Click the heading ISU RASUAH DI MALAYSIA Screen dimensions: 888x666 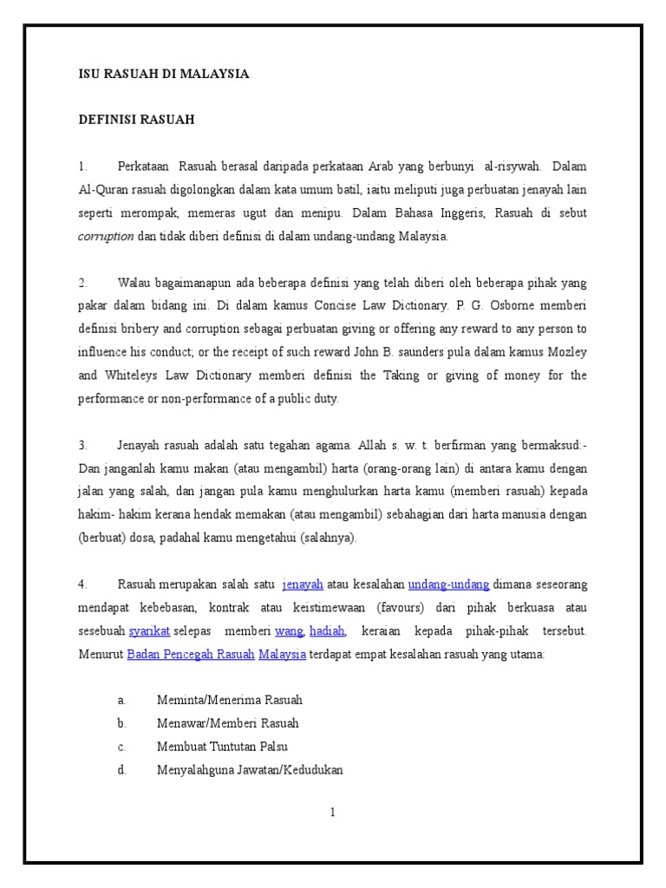[x=164, y=75]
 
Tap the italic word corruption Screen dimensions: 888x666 [x=106, y=236]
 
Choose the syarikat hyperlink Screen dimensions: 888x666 [x=149, y=631]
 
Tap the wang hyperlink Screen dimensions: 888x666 [x=289, y=631]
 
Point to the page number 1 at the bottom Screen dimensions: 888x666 [x=332, y=813]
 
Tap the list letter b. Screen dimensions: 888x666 [x=123, y=723]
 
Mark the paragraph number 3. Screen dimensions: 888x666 [x=83, y=445]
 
